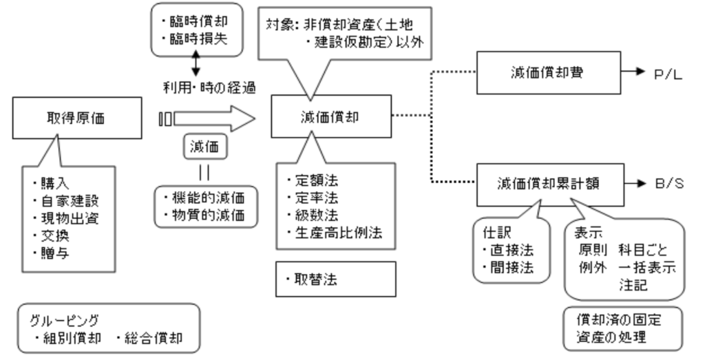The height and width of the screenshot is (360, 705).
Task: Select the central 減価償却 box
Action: pos(330,117)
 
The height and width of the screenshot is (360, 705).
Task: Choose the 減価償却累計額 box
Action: pos(538,184)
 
